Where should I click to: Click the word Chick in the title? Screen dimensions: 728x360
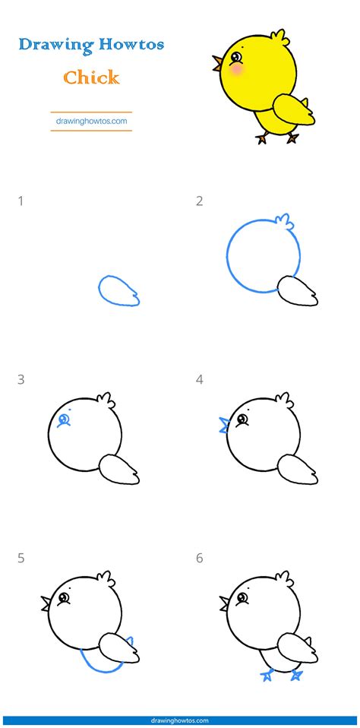91,77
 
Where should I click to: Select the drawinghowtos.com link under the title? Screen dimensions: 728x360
91,120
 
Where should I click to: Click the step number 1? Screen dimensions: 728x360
21,201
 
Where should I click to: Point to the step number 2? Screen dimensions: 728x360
199,201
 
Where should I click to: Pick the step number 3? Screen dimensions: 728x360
21,379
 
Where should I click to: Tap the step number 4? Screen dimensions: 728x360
199,379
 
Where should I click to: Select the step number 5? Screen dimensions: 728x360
21,559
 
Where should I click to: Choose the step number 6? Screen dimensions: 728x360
199,559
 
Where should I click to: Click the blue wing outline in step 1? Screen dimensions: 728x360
118,291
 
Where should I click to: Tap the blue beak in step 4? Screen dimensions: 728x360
224,424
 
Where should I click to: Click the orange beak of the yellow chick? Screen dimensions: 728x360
218,62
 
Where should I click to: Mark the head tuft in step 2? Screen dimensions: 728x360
283,222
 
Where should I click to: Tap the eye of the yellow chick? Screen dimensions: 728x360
236,57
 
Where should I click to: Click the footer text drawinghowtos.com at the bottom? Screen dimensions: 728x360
180,720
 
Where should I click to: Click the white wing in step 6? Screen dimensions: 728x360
297,647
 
